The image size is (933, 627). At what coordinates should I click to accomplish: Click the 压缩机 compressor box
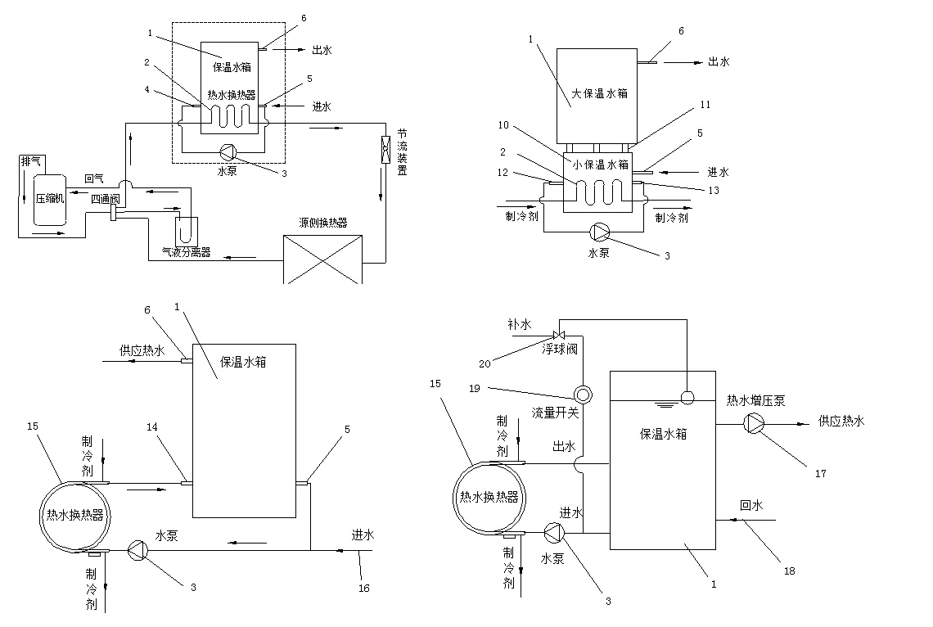(49, 200)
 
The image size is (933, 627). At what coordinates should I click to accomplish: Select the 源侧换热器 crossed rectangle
(322, 259)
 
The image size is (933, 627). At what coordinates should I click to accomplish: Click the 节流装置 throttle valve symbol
(385, 149)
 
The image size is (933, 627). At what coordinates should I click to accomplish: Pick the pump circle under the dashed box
(228, 152)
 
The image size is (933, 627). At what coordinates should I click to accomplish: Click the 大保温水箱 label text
(599, 93)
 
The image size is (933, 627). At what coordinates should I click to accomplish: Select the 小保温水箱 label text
(601, 165)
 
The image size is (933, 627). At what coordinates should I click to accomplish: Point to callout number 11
(705, 105)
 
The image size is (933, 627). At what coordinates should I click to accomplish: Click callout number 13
(714, 191)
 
